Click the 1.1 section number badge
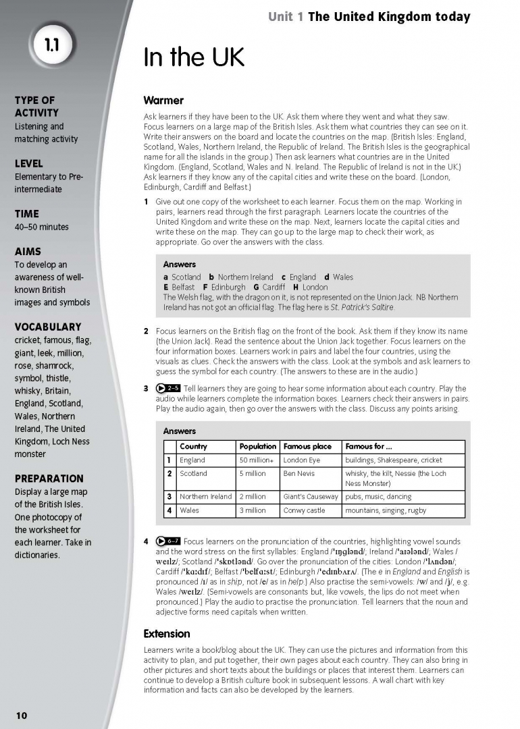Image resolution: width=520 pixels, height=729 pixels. pyautogui.click(x=52, y=45)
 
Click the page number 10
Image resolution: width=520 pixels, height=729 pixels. pyautogui.click(x=22, y=715)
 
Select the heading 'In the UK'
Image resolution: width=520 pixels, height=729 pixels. pyautogui.click(x=193, y=58)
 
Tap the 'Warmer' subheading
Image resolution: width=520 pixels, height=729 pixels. pyautogui.click(x=163, y=101)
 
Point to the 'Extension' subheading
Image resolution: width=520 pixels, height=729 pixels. pyautogui.click(x=167, y=634)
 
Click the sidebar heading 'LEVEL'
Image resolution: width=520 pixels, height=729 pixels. pyautogui.click(x=28, y=163)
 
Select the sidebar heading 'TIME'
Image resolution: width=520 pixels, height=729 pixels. pyautogui.click(x=27, y=214)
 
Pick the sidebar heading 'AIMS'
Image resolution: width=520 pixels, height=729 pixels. pyautogui.click(x=28, y=252)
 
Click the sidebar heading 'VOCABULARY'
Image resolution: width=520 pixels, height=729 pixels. pyautogui.click(x=47, y=327)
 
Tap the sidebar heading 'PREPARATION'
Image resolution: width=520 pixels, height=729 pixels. pyautogui.click(x=49, y=479)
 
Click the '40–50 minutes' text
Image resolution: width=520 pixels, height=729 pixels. pyautogui.click(x=41, y=227)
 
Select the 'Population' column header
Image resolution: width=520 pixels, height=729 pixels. pyautogui.click(x=257, y=447)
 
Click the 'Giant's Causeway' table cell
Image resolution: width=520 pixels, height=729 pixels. pyautogui.click(x=311, y=497)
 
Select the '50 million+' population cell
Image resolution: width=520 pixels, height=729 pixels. pyautogui.click(x=256, y=460)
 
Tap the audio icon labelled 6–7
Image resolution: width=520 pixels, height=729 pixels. pyautogui.click(x=168, y=541)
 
